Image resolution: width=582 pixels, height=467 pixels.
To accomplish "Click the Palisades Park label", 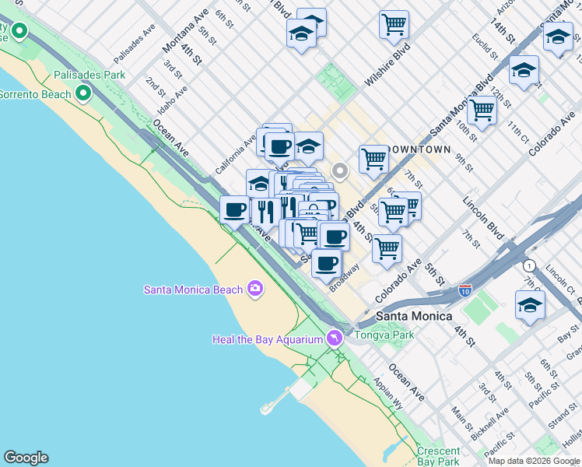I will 89,75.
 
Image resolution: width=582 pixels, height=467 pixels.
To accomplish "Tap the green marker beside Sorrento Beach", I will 83,94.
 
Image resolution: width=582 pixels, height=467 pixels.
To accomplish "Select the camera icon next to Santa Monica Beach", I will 254,290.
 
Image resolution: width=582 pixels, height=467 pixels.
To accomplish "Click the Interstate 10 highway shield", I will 465,290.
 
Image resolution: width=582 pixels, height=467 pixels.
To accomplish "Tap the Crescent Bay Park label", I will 438,456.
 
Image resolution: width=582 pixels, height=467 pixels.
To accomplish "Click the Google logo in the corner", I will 26,458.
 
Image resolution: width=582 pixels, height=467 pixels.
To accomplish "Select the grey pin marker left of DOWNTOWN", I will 339,170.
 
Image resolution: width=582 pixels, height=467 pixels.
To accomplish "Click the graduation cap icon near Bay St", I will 530,305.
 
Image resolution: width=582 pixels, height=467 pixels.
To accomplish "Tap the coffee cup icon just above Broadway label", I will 327,263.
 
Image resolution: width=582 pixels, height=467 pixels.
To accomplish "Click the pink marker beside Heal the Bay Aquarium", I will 335,338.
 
